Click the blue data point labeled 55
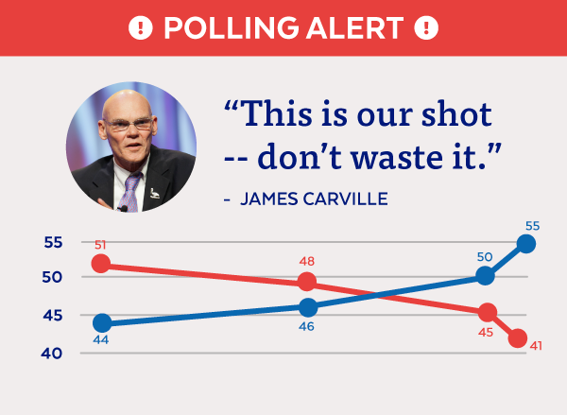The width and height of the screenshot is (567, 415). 526,244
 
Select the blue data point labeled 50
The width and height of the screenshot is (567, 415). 485,276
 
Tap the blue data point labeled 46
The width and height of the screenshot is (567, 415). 307,307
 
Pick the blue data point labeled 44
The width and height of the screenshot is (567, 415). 102,323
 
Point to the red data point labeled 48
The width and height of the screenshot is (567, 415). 307,282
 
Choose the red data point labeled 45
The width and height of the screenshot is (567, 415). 487,312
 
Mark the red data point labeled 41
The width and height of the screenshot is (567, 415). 517,338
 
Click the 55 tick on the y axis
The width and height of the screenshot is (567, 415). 53,243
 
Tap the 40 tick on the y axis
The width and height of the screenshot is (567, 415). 53,354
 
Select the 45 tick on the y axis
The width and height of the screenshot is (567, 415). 53,316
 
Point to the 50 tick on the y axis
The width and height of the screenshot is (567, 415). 53,278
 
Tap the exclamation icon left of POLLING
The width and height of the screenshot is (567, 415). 140,27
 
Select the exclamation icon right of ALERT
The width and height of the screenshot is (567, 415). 428,27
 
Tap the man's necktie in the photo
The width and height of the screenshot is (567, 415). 129,193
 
